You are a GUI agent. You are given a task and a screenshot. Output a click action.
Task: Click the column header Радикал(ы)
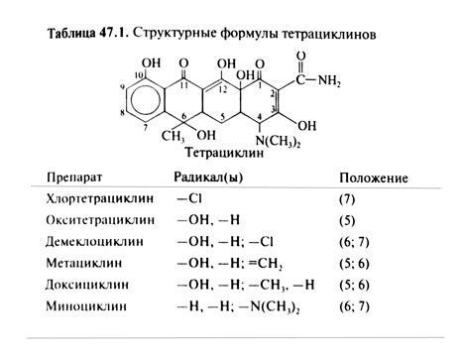(210, 179)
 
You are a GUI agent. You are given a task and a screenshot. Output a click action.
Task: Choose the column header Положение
(374, 179)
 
